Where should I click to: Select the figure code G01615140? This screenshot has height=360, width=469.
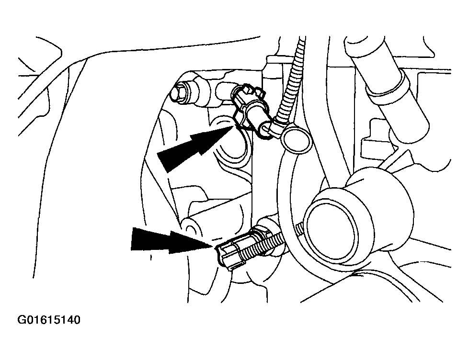tap(49, 320)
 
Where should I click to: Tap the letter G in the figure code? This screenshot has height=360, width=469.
tap(22, 320)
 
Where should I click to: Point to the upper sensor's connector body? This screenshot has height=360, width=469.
tap(250, 106)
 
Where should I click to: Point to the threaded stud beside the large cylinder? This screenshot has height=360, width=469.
tap(300, 229)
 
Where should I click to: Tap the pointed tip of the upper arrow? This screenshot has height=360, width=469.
tap(233, 126)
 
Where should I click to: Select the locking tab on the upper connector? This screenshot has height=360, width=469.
tap(250, 90)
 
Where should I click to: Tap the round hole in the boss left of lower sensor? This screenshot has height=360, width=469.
tap(189, 229)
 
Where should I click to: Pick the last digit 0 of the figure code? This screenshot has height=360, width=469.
tap(77, 320)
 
